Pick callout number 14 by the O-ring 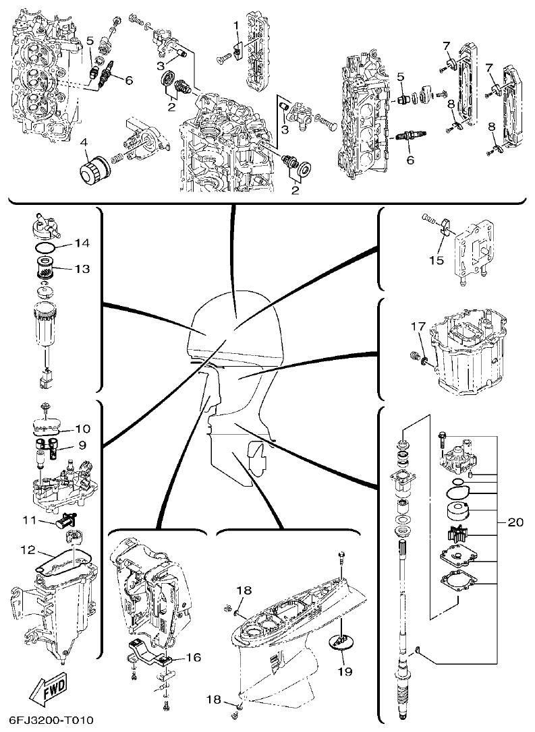[x=82, y=242]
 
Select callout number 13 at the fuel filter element [x=82, y=269]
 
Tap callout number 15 [x=437, y=258]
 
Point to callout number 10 [x=82, y=428]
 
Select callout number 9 [x=82, y=445]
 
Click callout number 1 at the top [x=236, y=25]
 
